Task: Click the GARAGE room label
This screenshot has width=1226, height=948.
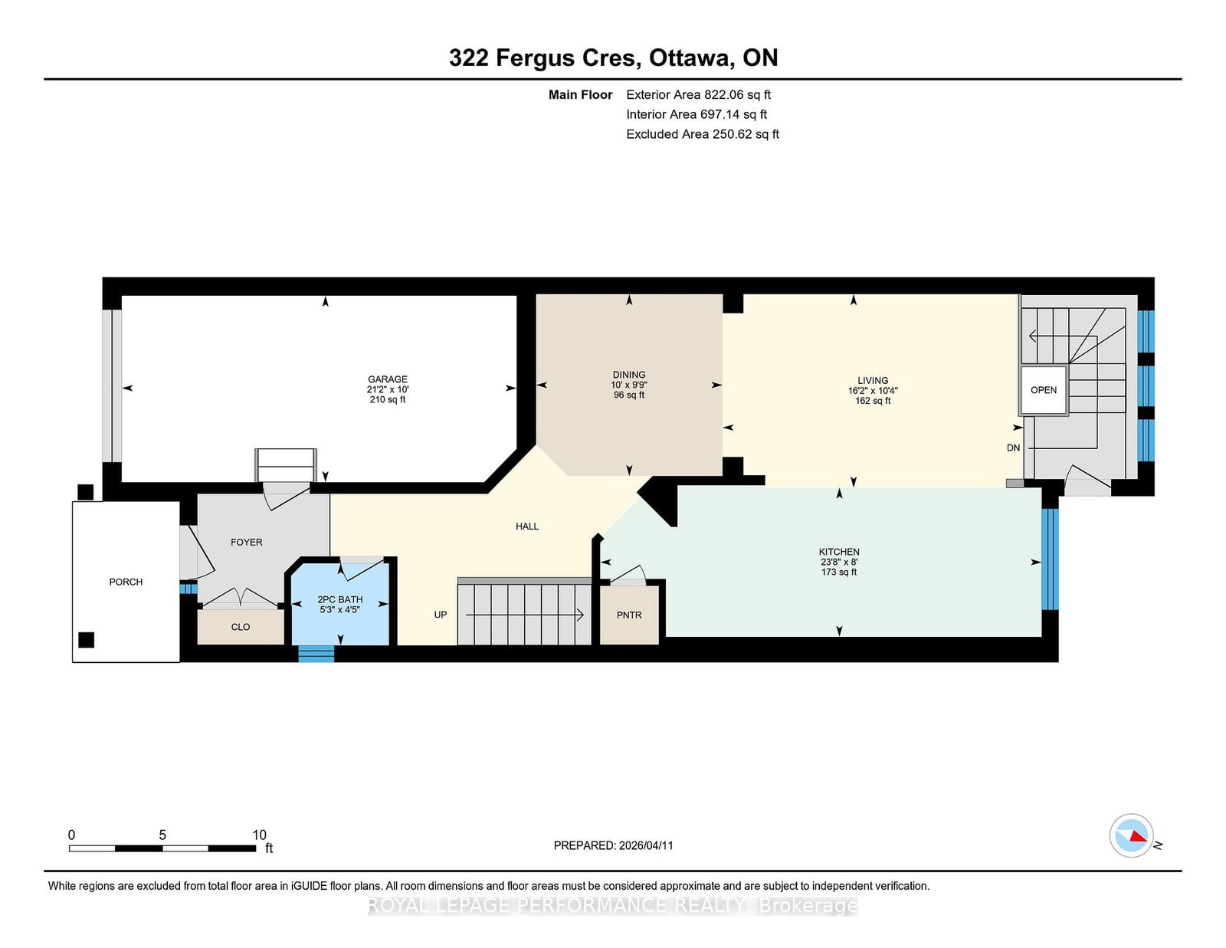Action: (387, 379)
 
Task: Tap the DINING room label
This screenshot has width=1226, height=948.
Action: (628, 375)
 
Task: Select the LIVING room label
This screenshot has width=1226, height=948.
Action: (872, 380)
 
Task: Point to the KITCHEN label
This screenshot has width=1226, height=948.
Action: (839, 552)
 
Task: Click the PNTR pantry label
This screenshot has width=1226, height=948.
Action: (628, 615)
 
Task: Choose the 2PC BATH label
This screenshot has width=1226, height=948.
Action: (339, 599)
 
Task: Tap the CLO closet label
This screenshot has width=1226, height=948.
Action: (241, 627)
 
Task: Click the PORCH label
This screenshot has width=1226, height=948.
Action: (126, 582)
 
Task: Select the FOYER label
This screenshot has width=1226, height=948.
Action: (247, 543)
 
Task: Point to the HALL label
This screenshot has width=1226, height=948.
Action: (527, 526)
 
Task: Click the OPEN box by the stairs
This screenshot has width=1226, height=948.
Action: (1043, 390)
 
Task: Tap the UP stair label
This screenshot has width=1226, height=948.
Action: (440, 615)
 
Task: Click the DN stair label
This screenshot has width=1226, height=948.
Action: (1013, 448)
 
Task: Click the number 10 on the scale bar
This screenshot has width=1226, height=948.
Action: (259, 835)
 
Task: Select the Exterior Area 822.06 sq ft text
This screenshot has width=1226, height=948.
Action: (698, 95)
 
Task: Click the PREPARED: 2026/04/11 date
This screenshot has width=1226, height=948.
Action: (613, 845)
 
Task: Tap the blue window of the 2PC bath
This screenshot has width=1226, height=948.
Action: (316, 654)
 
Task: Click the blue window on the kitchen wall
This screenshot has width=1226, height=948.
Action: (1050, 559)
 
